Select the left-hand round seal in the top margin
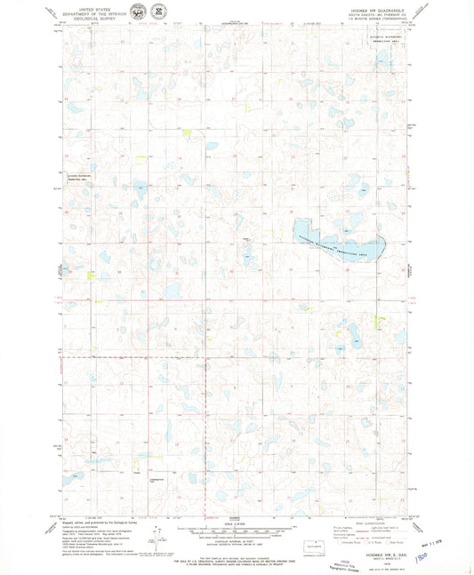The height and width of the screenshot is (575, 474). tap(137, 13)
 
